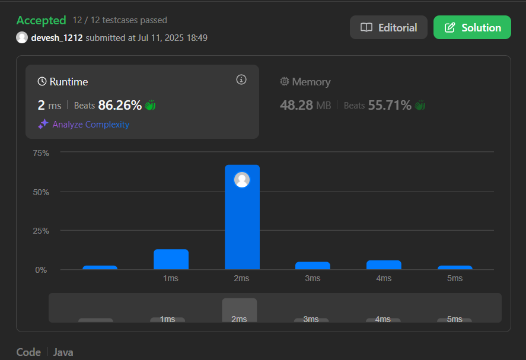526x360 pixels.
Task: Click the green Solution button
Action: (x=472, y=27)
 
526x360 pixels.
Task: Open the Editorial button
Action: (x=388, y=27)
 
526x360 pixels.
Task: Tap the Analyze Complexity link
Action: (x=91, y=125)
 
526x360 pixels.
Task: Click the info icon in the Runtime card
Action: (x=241, y=79)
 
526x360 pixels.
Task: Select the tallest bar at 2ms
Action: (x=242, y=217)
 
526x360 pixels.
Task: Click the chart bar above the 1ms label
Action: (x=171, y=259)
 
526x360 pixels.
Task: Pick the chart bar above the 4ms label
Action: (x=384, y=265)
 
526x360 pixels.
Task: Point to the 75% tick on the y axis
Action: (x=41, y=154)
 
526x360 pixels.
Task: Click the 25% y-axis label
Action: (x=41, y=231)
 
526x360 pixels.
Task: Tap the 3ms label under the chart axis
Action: (x=313, y=279)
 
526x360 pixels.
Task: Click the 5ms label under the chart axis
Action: (x=455, y=279)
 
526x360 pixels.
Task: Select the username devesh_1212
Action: (x=57, y=38)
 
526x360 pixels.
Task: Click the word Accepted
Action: (x=42, y=21)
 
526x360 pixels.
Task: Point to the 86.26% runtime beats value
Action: (x=120, y=106)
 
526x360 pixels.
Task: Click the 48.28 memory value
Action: (x=297, y=106)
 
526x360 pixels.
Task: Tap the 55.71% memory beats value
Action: (x=390, y=106)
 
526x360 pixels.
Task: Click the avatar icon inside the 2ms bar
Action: (x=242, y=180)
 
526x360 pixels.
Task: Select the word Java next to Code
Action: (x=63, y=352)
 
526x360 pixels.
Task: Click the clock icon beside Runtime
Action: (x=42, y=81)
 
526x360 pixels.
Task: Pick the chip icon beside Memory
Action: (x=285, y=81)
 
